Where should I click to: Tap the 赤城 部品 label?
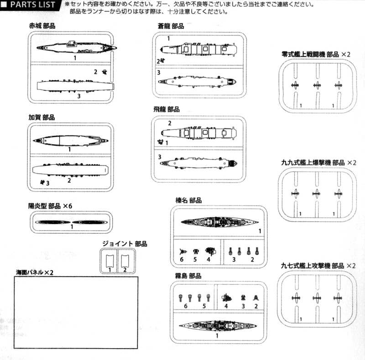[x=42, y=26]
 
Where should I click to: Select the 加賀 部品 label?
[x=42, y=117]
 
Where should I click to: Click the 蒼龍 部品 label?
[x=171, y=26]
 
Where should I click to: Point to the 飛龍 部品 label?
[x=167, y=109]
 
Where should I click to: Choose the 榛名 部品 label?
[x=188, y=201]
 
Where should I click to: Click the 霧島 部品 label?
[x=188, y=276]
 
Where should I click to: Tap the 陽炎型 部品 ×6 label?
[x=50, y=206]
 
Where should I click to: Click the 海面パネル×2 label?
[x=35, y=272]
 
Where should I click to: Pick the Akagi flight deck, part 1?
[x=76, y=47]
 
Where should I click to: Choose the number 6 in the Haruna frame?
[x=181, y=259]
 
